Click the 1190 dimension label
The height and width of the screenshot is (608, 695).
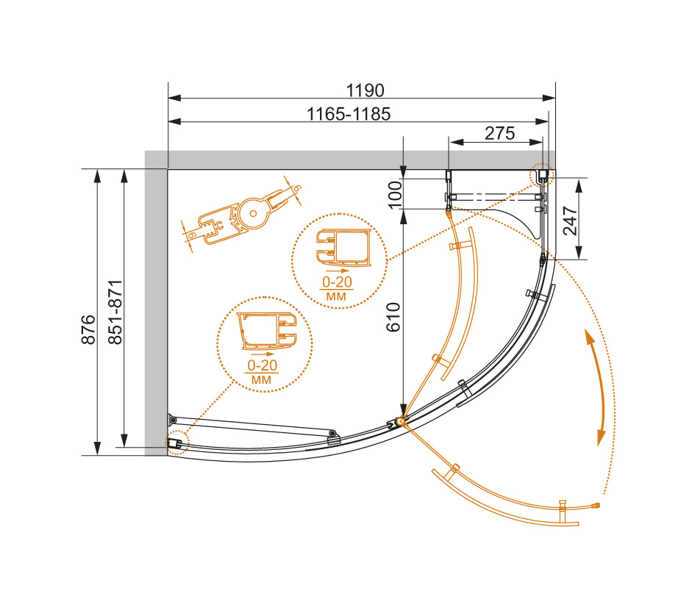tap(365, 90)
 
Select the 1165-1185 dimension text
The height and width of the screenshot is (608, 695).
tap(349, 115)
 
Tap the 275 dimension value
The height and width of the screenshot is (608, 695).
tap(500, 133)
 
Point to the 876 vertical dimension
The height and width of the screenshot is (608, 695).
tap(89, 329)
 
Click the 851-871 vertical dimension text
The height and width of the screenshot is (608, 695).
tap(115, 312)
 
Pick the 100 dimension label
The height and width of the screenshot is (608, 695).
tap(394, 194)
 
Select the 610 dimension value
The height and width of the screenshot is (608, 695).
tap(393, 317)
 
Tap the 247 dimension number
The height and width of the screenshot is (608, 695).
tap(570, 221)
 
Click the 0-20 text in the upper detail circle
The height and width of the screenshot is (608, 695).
tap(337, 282)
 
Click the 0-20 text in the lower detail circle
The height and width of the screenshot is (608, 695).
tap(263, 365)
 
